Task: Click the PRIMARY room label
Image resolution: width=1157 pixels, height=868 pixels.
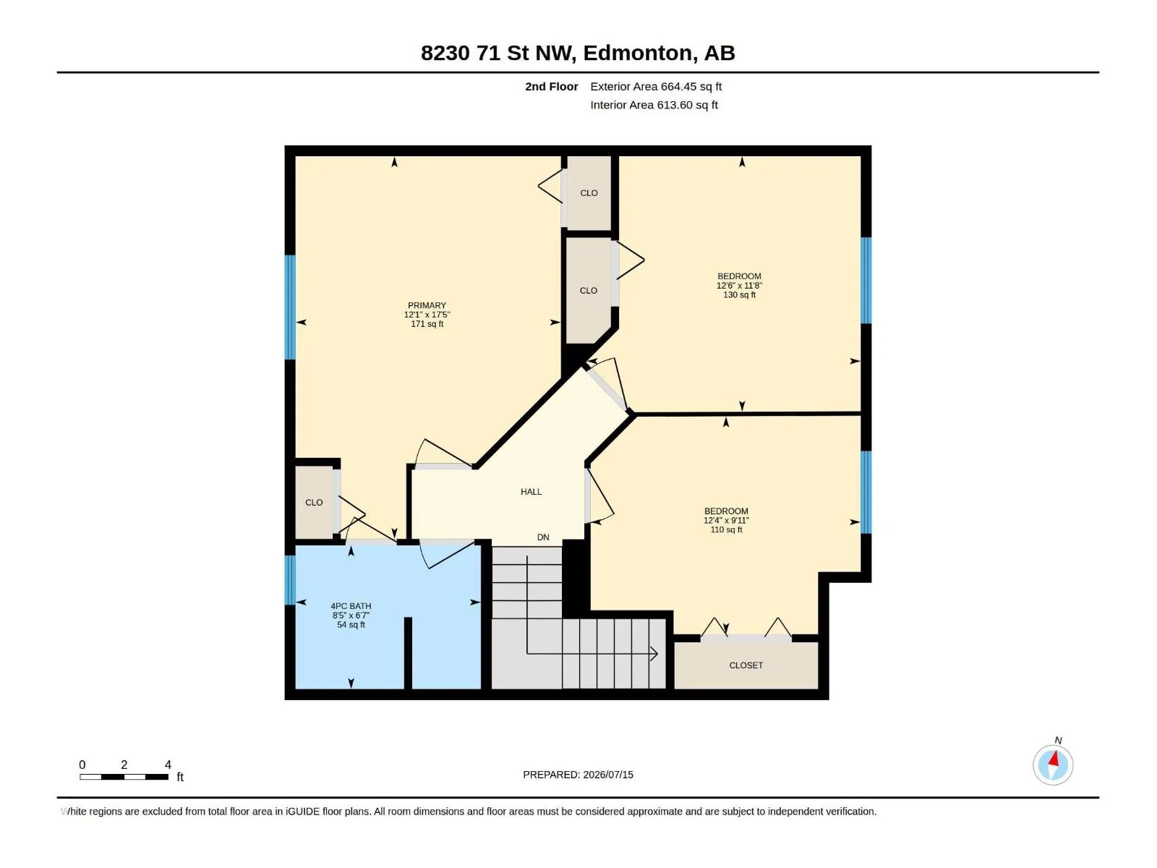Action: point(427,305)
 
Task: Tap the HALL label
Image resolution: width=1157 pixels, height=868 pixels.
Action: point(531,492)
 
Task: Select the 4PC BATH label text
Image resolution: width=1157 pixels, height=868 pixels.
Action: point(351,606)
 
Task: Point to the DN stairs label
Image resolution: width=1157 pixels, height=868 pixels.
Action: point(543,537)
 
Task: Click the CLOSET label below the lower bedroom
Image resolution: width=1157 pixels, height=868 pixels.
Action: point(746,665)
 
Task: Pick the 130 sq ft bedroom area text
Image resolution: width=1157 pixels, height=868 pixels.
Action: point(739,294)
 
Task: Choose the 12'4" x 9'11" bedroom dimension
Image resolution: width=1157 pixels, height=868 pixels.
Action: point(726,520)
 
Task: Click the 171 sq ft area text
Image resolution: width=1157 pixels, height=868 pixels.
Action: point(427,323)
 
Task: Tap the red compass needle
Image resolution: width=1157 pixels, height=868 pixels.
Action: point(1054,758)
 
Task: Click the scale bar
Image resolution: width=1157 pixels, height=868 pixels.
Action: point(124,777)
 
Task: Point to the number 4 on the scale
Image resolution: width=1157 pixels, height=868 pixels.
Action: point(168,765)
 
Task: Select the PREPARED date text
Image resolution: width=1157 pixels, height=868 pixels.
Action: point(578,775)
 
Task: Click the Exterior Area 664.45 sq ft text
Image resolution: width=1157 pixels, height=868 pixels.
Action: point(656,86)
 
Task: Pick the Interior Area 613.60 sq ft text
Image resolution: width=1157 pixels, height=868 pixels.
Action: point(654,105)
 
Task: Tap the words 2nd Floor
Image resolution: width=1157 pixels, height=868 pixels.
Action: point(551,86)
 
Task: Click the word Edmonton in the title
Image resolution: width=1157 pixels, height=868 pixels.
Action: point(637,53)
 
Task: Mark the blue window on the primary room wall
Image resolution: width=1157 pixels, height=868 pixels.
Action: point(290,307)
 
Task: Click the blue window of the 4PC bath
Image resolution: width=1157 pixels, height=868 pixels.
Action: point(290,580)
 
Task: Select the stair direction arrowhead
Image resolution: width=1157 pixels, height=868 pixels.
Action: point(654,654)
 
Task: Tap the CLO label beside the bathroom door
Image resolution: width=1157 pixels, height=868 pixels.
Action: point(314,502)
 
